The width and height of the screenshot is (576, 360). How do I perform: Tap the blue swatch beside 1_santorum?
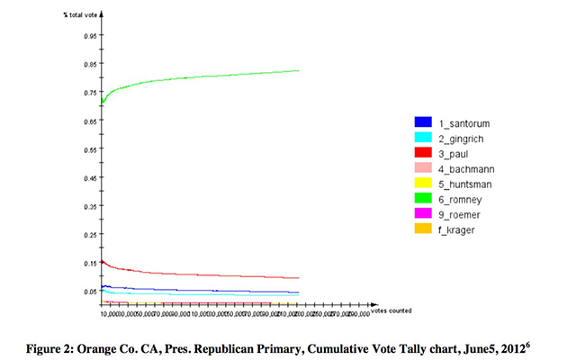421,121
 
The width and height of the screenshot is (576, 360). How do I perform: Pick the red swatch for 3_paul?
421,152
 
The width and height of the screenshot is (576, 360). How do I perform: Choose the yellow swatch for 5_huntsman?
421,184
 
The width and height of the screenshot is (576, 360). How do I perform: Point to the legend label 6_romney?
463,199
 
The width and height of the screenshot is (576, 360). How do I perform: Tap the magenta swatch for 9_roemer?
421,214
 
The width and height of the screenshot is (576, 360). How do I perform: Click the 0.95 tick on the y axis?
91,35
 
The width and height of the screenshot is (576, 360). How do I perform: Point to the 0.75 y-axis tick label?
91,92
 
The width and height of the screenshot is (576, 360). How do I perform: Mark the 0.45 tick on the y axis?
91,177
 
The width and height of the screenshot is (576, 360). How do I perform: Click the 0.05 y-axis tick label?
91,292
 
